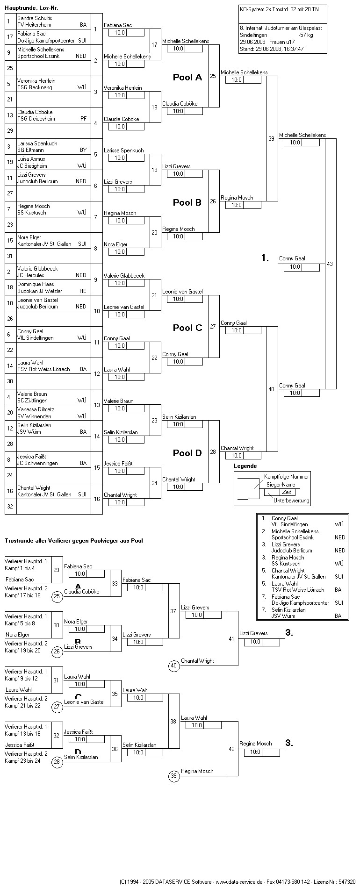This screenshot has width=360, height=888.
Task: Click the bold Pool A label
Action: click(187, 78)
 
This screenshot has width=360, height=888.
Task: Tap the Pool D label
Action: click(187, 453)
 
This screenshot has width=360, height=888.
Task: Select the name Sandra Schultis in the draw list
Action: click(35, 18)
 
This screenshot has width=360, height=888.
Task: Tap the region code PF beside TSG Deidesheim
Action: click(83, 119)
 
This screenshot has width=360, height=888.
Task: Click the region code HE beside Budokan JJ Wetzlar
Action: click(83, 291)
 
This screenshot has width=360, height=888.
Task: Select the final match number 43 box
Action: click(330, 264)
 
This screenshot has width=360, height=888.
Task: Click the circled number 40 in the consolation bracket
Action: click(174, 666)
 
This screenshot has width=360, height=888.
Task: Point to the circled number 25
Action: click(57, 596)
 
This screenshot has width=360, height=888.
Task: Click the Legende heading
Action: click(245, 466)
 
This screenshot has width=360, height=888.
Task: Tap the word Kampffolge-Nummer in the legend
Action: click(287, 477)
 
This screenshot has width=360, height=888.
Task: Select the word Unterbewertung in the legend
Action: click(291, 501)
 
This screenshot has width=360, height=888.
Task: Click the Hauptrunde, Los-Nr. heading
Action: click(31, 8)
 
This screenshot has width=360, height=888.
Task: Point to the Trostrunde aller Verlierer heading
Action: click(73, 541)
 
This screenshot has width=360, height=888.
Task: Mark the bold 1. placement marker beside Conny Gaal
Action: click(265, 258)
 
